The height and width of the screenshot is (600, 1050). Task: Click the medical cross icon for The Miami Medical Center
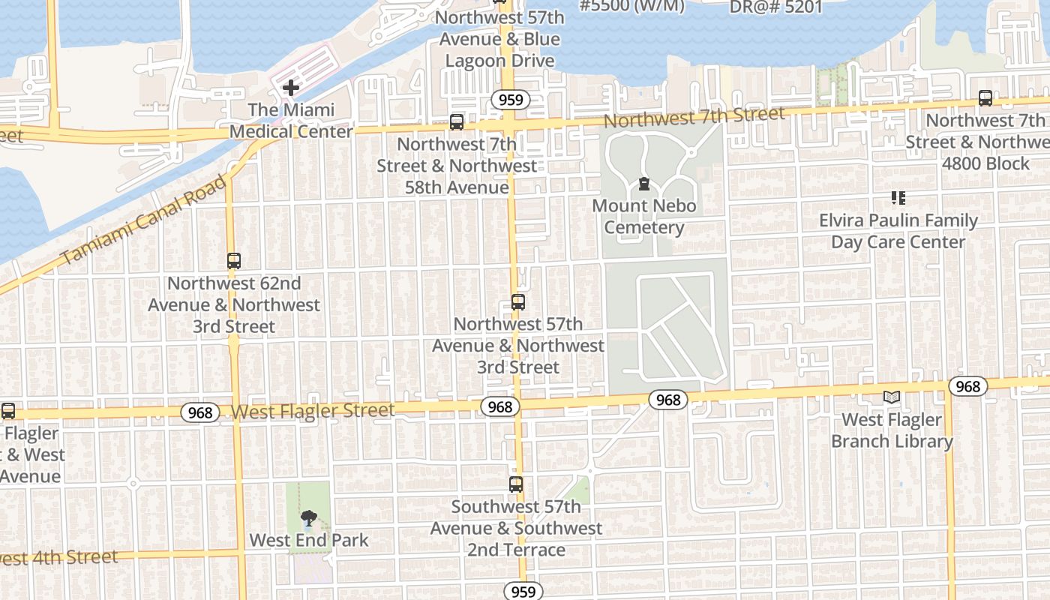[290, 88]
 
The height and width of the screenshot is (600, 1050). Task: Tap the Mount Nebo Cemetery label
[644, 217]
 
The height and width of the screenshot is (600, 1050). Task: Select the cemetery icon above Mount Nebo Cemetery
[643, 184]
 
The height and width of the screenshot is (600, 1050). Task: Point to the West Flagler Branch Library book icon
[892, 397]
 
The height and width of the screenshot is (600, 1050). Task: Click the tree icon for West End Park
[308, 518]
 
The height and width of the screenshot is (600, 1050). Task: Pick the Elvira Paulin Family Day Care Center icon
[898, 198]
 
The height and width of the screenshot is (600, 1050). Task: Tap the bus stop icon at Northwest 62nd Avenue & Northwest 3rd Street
[234, 261]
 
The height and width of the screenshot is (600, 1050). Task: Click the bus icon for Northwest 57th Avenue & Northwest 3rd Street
[518, 302]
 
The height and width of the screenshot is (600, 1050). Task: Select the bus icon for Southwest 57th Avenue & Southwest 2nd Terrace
[516, 484]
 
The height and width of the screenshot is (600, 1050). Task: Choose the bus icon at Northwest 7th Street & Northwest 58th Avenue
[457, 121]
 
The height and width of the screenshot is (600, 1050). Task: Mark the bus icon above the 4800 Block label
[985, 98]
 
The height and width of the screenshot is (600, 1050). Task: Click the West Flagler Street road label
[312, 411]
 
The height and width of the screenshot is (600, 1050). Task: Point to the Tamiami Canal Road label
[143, 220]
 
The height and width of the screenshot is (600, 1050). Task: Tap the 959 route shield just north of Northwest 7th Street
[511, 100]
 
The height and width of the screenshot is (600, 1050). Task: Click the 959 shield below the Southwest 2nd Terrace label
[522, 591]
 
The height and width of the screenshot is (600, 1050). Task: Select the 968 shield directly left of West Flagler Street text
[200, 412]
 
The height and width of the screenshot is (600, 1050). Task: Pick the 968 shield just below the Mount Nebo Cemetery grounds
[667, 400]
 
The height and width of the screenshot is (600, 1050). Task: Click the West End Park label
[309, 540]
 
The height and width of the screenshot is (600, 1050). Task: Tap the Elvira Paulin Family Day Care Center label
[898, 231]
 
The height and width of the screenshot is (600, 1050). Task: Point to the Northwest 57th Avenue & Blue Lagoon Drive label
[499, 39]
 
